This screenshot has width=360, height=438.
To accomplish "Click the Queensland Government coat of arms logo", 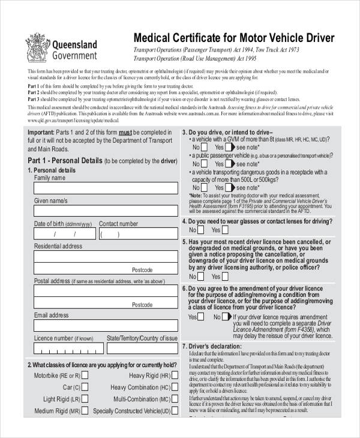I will pyautogui.click(x=38, y=48).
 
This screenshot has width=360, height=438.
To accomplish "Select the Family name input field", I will pyautogui.click(x=106, y=188).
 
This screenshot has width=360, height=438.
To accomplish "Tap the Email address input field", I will pyautogui.click(x=106, y=325).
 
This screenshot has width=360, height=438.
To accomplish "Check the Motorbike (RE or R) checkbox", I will pyautogui.click(x=85, y=374).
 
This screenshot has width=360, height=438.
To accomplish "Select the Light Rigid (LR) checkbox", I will pyautogui.click(x=85, y=398).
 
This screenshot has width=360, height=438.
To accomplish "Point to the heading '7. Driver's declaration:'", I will pyautogui.click(x=215, y=347).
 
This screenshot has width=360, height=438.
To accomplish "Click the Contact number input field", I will pyautogui.click(x=138, y=234).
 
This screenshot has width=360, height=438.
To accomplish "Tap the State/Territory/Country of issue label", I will pyautogui.click(x=142, y=338).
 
